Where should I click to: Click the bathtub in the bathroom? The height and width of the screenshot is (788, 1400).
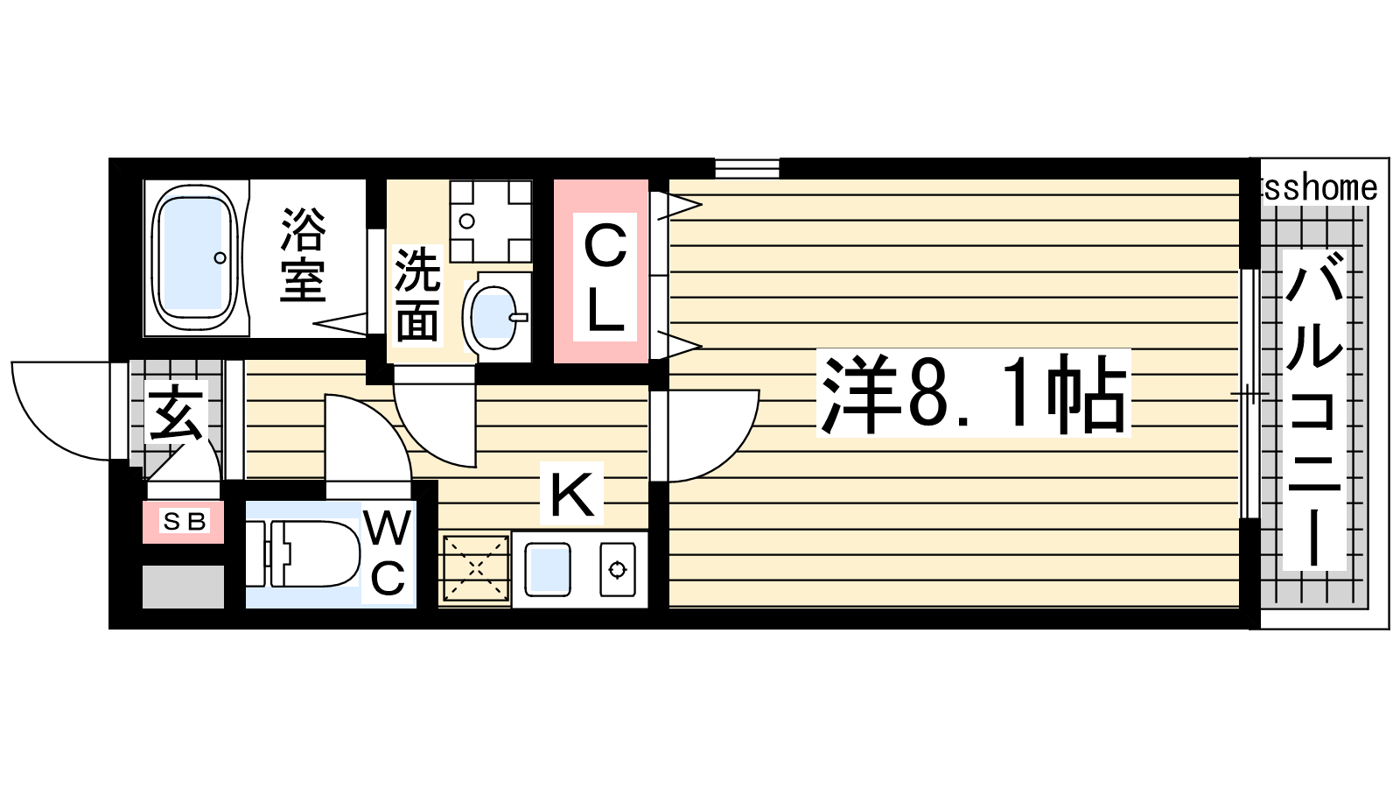click(x=195, y=257)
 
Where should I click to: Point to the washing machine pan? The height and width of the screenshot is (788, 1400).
click(x=491, y=222)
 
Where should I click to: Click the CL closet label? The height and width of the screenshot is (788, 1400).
click(x=605, y=277)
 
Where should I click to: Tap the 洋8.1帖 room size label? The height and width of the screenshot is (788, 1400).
click(x=973, y=393)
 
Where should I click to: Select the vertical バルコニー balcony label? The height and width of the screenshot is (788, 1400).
click(x=1313, y=410)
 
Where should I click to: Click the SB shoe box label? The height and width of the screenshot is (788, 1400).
click(x=183, y=521)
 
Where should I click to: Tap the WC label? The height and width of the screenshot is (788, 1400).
click(x=388, y=552)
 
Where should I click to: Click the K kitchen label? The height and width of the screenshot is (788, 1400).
click(x=571, y=494)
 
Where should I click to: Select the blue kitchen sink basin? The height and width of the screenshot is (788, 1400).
click(x=548, y=568)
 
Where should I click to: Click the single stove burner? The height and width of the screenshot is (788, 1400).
click(x=618, y=569)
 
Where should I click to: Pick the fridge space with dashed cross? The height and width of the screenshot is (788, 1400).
click(x=476, y=568)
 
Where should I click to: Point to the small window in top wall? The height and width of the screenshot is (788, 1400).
click(x=747, y=168)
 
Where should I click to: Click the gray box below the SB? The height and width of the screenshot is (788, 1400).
click(x=183, y=587)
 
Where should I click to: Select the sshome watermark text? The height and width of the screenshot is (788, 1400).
click(x=1320, y=188)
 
